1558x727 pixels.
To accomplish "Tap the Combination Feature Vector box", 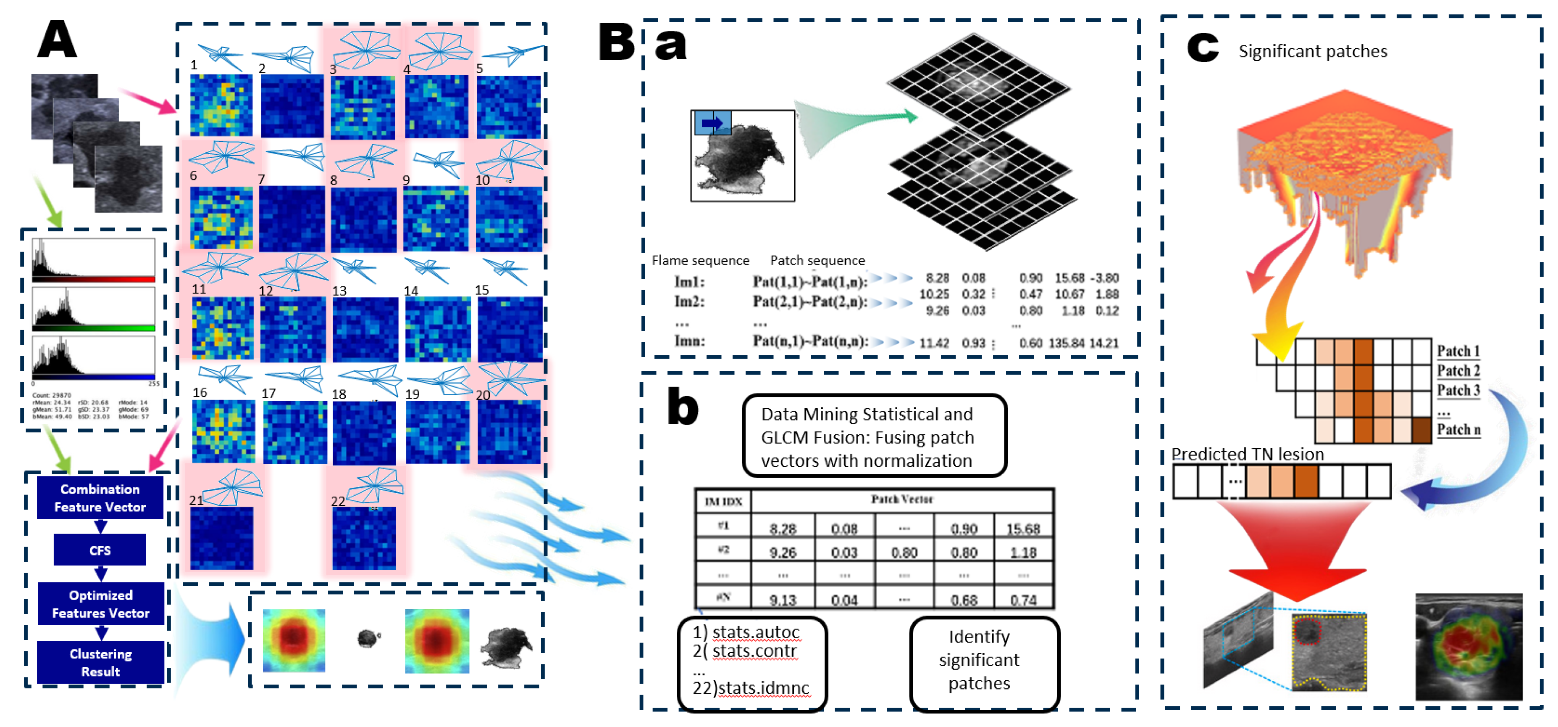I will click(x=100, y=497).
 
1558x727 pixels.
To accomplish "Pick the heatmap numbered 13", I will click(x=365, y=330).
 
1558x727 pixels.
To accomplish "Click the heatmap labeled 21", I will click(x=221, y=538).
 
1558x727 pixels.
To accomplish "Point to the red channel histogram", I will click(x=94, y=260).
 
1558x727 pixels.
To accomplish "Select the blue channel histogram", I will click(x=94, y=358).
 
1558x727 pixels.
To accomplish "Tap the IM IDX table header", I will click(x=723, y=501).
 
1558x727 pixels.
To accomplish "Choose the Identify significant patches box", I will click(x=979, y=659).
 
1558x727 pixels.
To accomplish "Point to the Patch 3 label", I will click(x=1458, y=391).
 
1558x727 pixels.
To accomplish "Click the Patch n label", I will click(x=1458, y=429).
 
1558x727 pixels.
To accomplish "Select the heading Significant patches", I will click(x=1312, y=51).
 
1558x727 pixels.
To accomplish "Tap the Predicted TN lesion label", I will click(x=1247, y=454).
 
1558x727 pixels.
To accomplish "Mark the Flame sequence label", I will click(x=700, y=260).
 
